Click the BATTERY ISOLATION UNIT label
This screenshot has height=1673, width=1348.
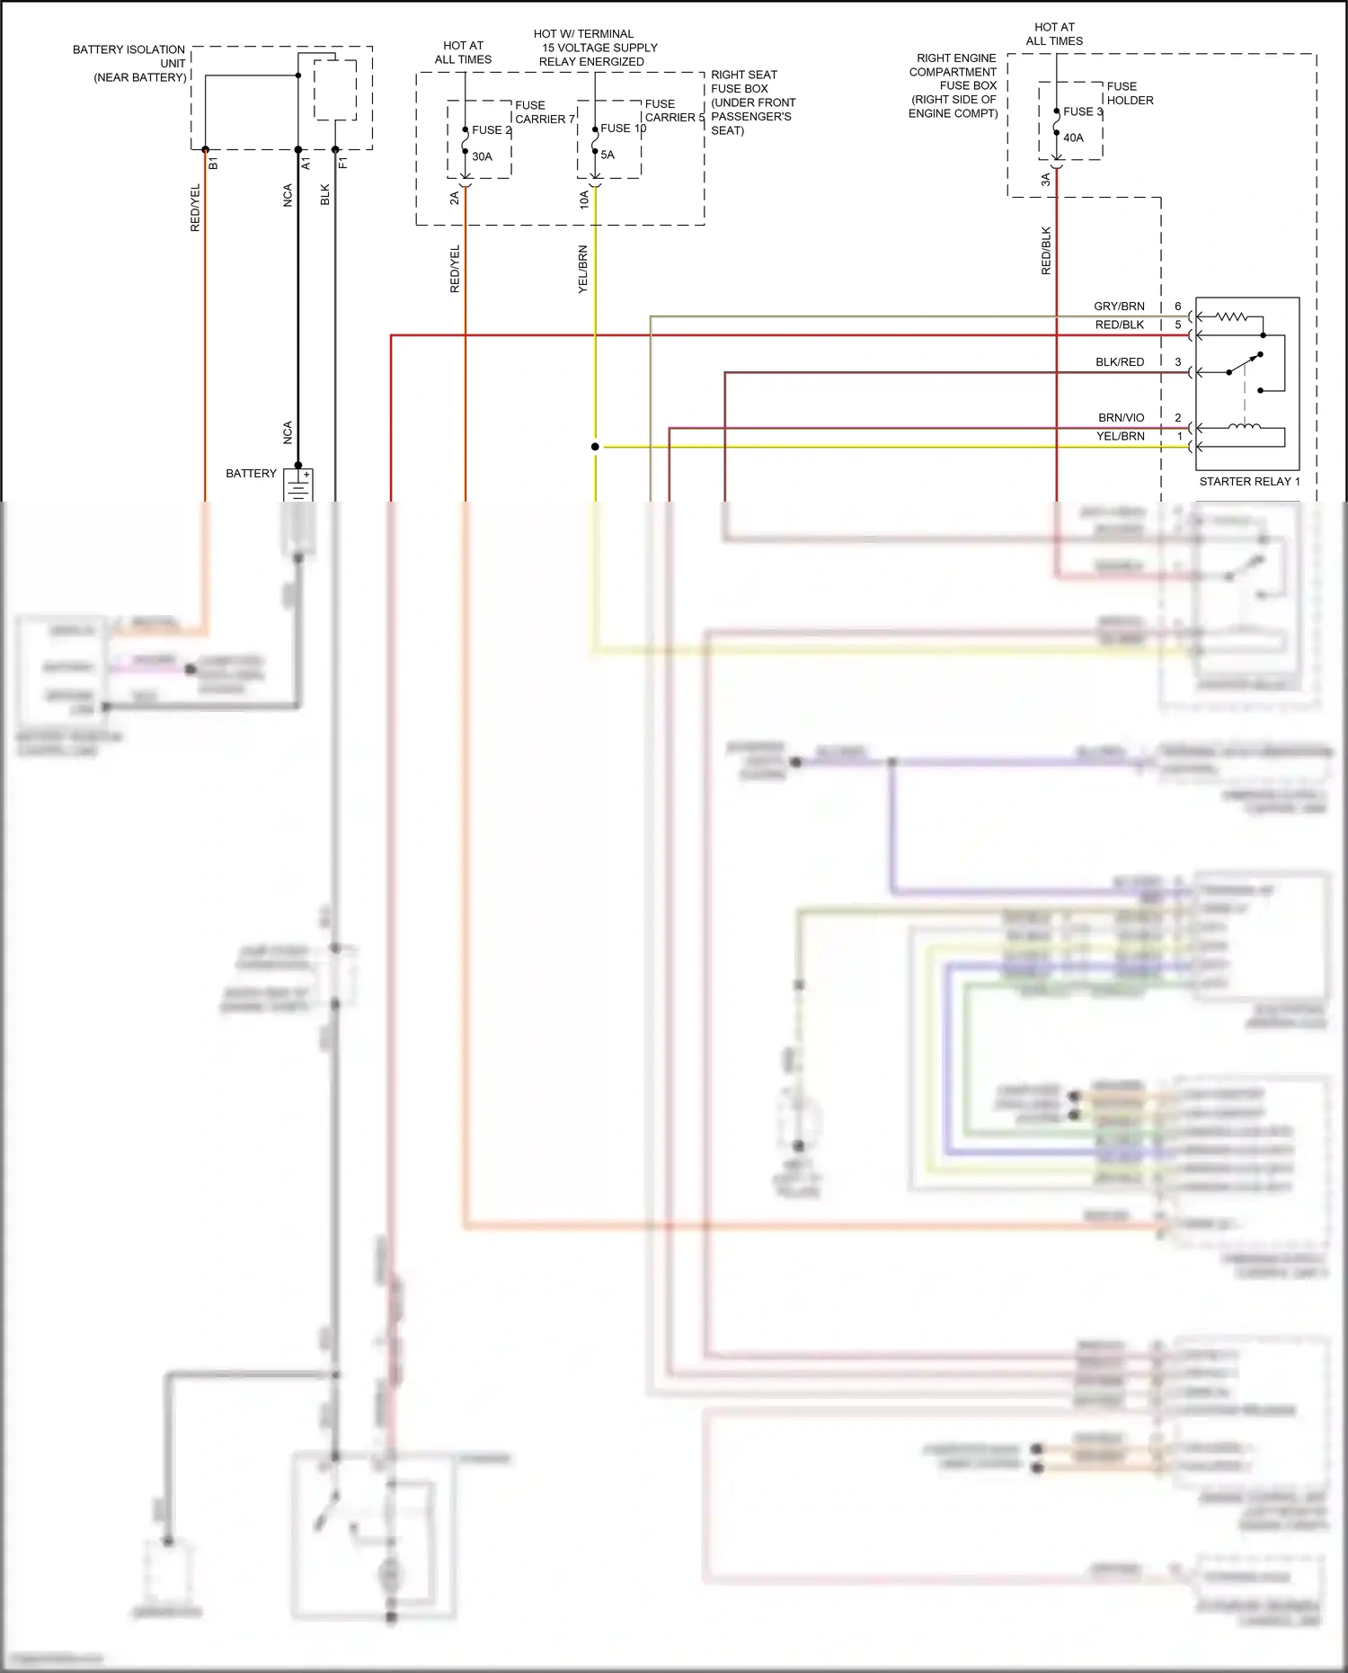click(129, 63)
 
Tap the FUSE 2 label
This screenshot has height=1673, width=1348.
click(491, 130)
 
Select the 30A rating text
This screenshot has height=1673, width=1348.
click(482, 156)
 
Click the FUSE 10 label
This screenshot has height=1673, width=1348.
click(623, 129)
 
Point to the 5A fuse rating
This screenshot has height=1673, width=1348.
click(607, 155)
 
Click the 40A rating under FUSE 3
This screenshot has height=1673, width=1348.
click(1073, 138)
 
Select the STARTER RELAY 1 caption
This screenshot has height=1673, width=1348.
click(1249, 482)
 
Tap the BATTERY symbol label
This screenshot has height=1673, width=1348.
click(252, 474)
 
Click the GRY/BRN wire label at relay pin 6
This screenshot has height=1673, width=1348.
click(1119, 307)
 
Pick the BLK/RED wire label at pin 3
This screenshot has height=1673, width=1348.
click(1120, 362)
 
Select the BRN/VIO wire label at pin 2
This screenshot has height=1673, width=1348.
click(1121, 418)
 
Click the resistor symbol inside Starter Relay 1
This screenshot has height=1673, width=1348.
click(1231, 316)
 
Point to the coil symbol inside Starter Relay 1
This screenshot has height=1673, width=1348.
click(1245, 428)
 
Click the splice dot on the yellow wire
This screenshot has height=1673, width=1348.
click(595, 447)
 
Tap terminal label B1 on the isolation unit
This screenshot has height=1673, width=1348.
click(214, 164)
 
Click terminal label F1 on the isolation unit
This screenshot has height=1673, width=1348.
click(343, 164)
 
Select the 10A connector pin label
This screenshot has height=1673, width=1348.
click(584, 200)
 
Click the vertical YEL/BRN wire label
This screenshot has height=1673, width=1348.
click(582, 269)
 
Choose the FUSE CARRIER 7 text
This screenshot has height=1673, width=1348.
click(544, 112)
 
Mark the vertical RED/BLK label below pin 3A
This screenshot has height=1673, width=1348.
click(1046, 251)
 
